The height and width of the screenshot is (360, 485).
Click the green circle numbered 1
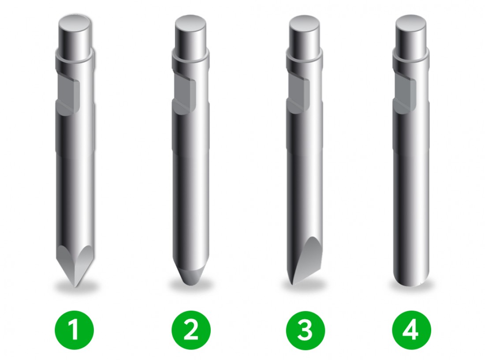74,330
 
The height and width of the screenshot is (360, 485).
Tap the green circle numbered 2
191,330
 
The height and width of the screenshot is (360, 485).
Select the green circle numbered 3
305,330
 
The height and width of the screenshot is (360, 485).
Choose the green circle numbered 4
411,330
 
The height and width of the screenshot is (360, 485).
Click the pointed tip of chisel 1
75,287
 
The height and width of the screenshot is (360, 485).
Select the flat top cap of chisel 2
190,23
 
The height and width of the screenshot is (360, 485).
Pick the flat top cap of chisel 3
304,23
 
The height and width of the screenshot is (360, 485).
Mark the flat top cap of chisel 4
411,23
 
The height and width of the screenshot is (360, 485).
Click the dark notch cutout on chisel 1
69,93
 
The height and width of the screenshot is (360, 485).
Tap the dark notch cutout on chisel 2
185,93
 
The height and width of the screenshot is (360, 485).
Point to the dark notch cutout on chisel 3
298,93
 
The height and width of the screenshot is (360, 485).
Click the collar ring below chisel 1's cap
75,57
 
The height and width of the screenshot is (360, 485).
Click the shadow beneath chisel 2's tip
191,286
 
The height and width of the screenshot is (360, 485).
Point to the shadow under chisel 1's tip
75,287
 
